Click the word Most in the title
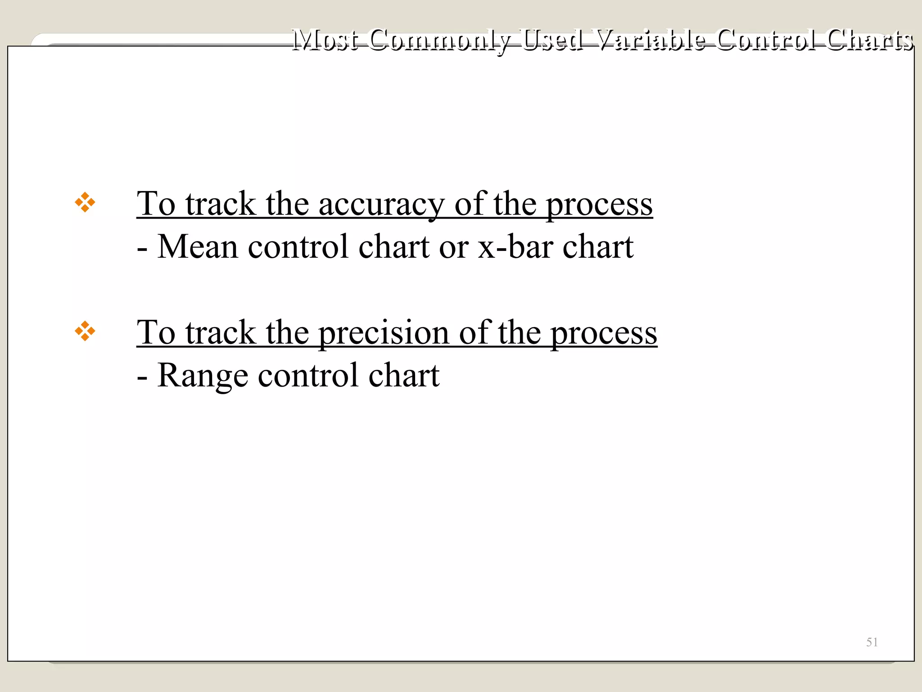pyautogui.click(x=325, y=40)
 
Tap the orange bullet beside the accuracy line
pyautogui.click(x=85, y=203)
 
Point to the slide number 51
pyautogui.click(x=872, y=642)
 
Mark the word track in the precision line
pyautogui.click(x=221, y=332)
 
